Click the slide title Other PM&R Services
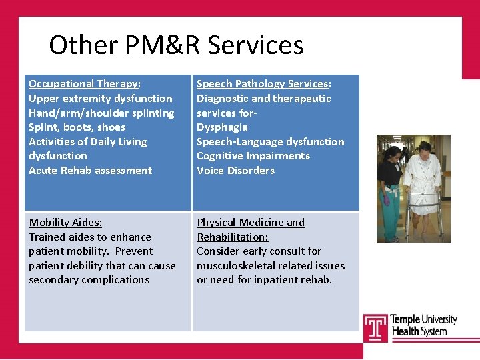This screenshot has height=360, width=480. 176,45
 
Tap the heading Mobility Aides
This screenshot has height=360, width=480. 65,223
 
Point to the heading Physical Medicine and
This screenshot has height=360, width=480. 251,223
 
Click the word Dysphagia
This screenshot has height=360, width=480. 222,127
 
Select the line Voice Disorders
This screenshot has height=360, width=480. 235,171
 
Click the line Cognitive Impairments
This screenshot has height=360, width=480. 253,156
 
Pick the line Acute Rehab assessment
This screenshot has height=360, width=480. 90,171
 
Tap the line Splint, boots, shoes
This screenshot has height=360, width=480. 77,127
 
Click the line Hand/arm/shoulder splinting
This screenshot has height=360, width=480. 101,113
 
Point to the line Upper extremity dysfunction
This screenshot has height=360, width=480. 100,99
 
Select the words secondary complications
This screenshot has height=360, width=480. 89,280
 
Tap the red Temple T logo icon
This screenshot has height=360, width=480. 375,327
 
